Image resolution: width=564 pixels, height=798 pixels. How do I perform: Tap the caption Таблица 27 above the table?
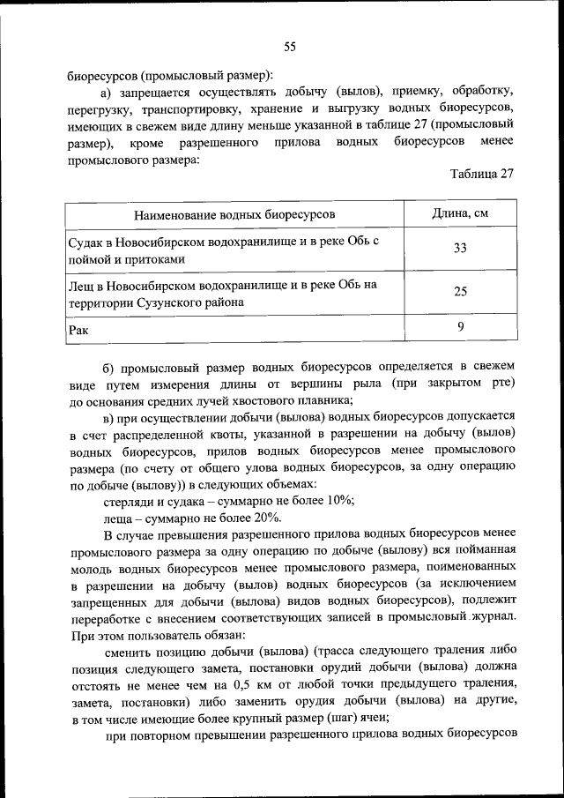tap(481, 173)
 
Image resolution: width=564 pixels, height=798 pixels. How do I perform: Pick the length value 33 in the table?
tap(460, 249)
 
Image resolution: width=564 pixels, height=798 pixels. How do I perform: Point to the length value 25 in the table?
tap(460, 292)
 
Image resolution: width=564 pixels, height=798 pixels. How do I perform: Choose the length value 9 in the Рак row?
tap(460, 327)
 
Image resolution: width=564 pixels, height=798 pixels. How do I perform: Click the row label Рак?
tap(78, 329)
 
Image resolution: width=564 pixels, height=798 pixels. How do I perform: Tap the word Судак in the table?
tap(86, 241)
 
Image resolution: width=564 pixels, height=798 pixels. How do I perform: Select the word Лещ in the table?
tap(80, 285)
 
